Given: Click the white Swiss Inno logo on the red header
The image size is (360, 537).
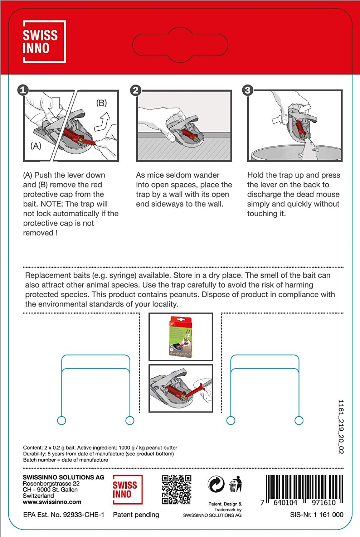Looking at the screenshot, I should pos(44,42).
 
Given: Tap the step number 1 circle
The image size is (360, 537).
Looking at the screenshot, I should pos(23,89).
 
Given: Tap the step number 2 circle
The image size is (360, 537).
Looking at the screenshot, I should pos(136,90).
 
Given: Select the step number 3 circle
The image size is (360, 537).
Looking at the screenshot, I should pos(247,90).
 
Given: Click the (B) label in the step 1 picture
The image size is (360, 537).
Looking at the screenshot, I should pos(101,103).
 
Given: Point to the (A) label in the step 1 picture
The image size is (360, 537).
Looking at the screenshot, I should pos(36,146).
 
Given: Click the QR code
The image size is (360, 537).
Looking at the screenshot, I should pos(176,489).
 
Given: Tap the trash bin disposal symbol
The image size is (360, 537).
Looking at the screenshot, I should pos(235,484).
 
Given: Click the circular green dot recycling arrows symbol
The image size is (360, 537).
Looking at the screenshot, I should pos(216,484).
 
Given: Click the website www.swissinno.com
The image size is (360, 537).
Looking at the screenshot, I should pos(52,502).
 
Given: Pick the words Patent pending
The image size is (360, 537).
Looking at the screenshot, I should pos(136,515).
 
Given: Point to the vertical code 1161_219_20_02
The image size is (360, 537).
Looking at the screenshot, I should pos(341,427).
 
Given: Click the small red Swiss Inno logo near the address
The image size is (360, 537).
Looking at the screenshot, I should pos(127,489).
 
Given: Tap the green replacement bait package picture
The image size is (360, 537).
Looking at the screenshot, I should pos(181,337).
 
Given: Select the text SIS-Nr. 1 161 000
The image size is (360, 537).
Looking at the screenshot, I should pos(316,515).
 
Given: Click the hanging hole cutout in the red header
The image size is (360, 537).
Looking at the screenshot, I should pos(180,45).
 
